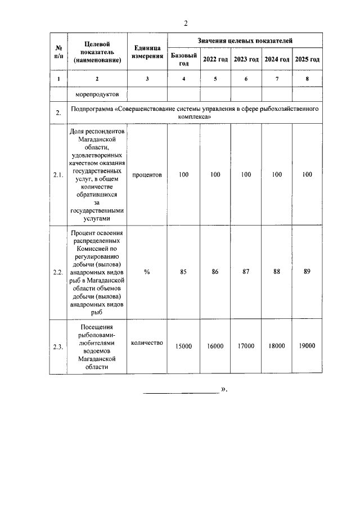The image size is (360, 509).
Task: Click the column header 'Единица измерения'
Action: coord(147,52)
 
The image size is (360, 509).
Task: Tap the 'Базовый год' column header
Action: coord(183,59)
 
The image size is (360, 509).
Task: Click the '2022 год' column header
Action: coord(215,59)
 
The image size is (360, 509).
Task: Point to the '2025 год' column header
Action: coord(307,59)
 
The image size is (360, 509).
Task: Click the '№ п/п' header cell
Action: coord(58,52)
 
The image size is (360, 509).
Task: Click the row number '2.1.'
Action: coord(58,175)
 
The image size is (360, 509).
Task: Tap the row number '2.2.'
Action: coord(58,272)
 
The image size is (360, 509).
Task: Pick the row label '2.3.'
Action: coord(58,346)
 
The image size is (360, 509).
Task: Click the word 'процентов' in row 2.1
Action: coord(147,175)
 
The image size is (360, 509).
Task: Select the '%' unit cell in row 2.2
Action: coord(147,272)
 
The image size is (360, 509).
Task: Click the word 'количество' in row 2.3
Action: coord(147,342)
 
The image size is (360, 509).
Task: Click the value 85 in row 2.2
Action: coord(183,272)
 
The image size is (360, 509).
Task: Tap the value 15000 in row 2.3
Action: coord(183,346)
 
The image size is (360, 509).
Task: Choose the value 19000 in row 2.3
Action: coord(307,346)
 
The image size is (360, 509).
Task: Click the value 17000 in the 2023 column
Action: coord(246,346)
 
